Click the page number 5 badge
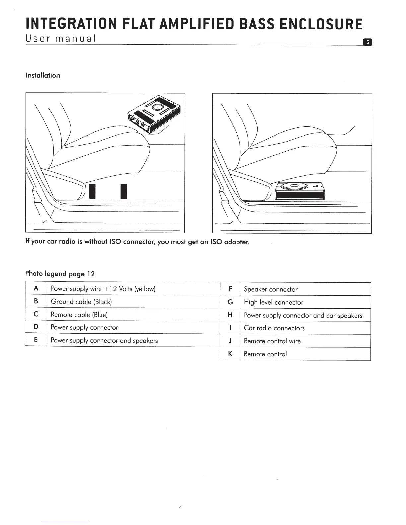pos(368,42)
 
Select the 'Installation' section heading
pos(43,75)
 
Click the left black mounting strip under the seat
pos(92,191)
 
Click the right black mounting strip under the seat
pos(124,191)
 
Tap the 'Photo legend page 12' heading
pos(60,274)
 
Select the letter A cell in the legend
pos(36,288)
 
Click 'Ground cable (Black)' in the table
pos(82,301)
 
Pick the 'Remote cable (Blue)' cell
pos(79,314)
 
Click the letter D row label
pos(36,327)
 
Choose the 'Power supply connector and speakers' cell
pos(104,340)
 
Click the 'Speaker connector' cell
pos(271,289)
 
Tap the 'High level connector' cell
pos(273,302)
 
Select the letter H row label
pos(230,315)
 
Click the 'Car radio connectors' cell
pos(274,328)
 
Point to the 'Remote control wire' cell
pos(272,341)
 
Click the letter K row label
pos(230,354)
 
